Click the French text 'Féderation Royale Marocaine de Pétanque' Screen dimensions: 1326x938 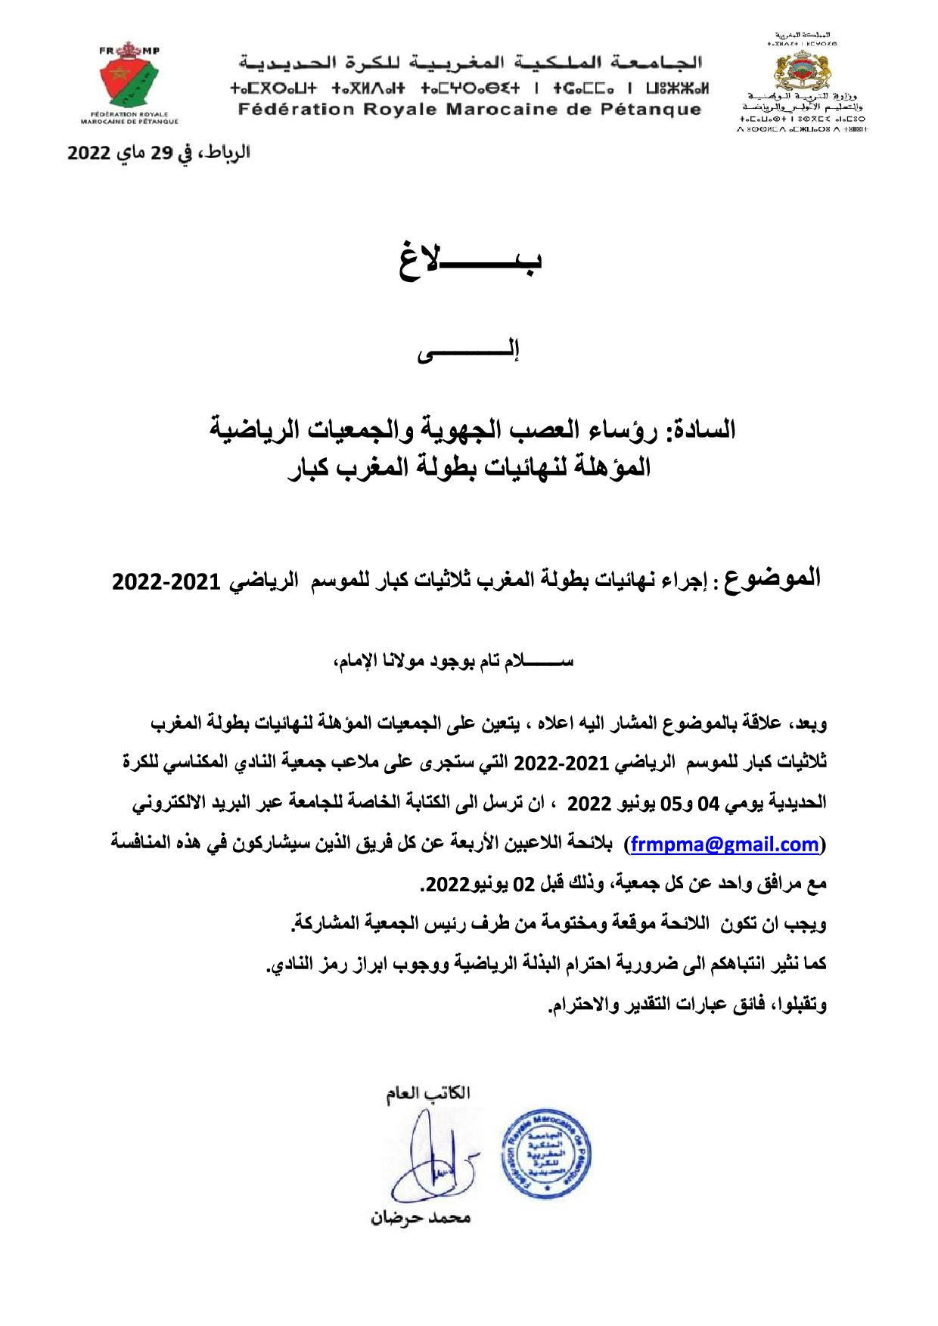pos(469,109)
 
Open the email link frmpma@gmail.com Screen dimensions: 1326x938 pos(725,844)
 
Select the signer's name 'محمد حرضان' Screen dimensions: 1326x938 pos(421,1218)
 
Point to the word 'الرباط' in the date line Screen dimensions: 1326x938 pos(226,152)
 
